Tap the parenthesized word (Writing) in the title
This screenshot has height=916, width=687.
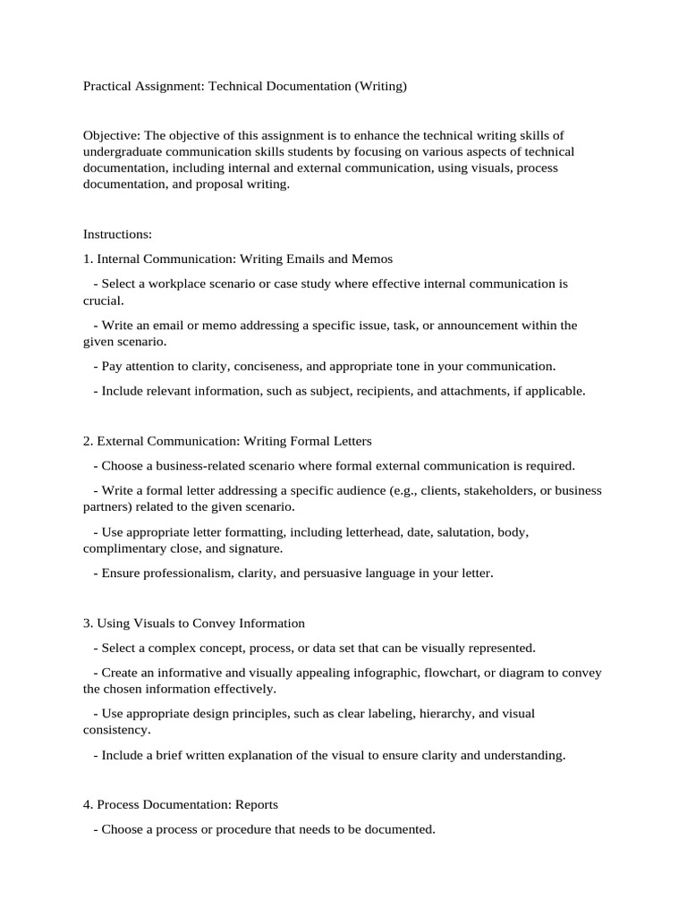(x=380, y=87)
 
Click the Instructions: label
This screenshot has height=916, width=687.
(x=118, y=234)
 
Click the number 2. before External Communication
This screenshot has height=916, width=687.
(x=89, y=441)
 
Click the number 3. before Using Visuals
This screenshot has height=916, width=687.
(x=89, y=623)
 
